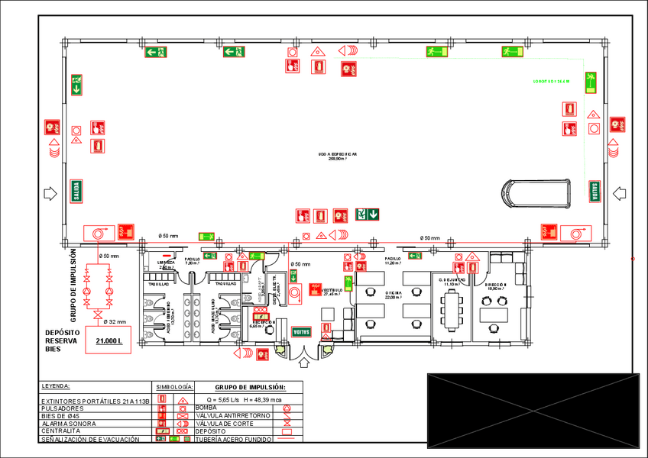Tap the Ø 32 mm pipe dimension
coord(114,321)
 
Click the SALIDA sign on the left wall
coord(76,190)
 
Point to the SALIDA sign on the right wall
coord(594,192)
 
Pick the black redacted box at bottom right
coord(533,411)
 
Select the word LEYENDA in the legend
coord(56,386)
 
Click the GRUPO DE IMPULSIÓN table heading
coord(250,387)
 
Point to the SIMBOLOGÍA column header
coord(173,387)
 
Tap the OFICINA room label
coord(394,294)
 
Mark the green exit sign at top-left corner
coord(157,52)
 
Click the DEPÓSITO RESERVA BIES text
coord(63,341)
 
